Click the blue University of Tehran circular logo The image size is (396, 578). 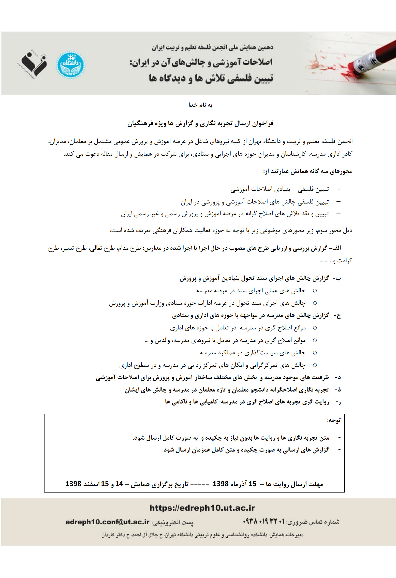70,65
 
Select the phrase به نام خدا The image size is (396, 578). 200,105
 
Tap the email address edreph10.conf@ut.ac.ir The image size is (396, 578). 107,522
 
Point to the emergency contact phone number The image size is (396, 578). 264,521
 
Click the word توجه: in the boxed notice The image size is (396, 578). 333,421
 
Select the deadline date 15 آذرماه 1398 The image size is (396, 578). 234,484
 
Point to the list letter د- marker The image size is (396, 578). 338,377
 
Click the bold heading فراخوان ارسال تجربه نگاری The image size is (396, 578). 200,124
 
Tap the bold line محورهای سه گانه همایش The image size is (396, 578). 308,171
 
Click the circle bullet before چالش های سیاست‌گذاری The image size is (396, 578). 315,353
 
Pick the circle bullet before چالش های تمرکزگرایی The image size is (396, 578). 315,365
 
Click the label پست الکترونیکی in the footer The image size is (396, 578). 173,523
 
